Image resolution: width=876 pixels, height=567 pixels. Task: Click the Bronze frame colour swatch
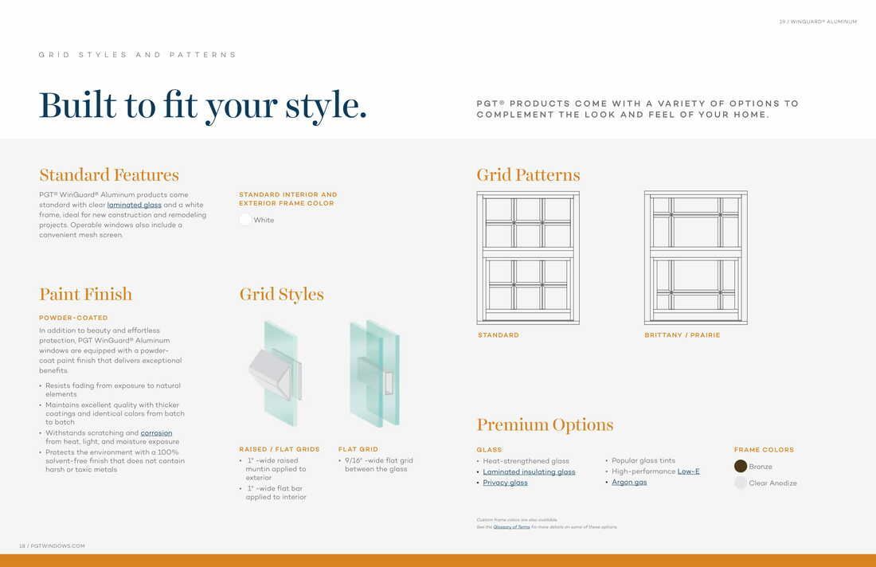[741, 467]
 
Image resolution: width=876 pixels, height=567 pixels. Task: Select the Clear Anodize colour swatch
[741, 483]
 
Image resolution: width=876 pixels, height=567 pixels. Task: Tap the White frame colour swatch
[245, 220]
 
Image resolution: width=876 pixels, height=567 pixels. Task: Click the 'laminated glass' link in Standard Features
[134, 205]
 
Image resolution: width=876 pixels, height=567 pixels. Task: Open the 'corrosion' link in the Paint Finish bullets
[156, 433]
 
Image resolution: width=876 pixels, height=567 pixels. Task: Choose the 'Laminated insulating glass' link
[529, 471]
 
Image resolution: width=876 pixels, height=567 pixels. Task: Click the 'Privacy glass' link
[505, 483]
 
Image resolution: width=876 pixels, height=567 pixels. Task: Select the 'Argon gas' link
[629, 483]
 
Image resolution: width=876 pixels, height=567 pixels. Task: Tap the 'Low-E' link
[688, 471]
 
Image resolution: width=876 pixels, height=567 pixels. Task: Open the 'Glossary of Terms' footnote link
[511, 527]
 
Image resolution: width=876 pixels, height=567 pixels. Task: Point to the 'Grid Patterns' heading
[528, 175]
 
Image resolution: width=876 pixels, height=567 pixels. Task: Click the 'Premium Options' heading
[545, 424]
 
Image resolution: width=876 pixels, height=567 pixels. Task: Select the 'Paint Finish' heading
[85, 295]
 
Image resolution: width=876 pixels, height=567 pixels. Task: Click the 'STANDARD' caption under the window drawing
[499, 335]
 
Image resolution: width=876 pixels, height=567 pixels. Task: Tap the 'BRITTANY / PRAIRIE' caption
[682, 335]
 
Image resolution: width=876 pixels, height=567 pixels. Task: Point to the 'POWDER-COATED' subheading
[73, 318]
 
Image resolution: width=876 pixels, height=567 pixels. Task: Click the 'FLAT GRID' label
[358, 449]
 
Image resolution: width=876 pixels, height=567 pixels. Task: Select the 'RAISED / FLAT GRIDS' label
[280, 449]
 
